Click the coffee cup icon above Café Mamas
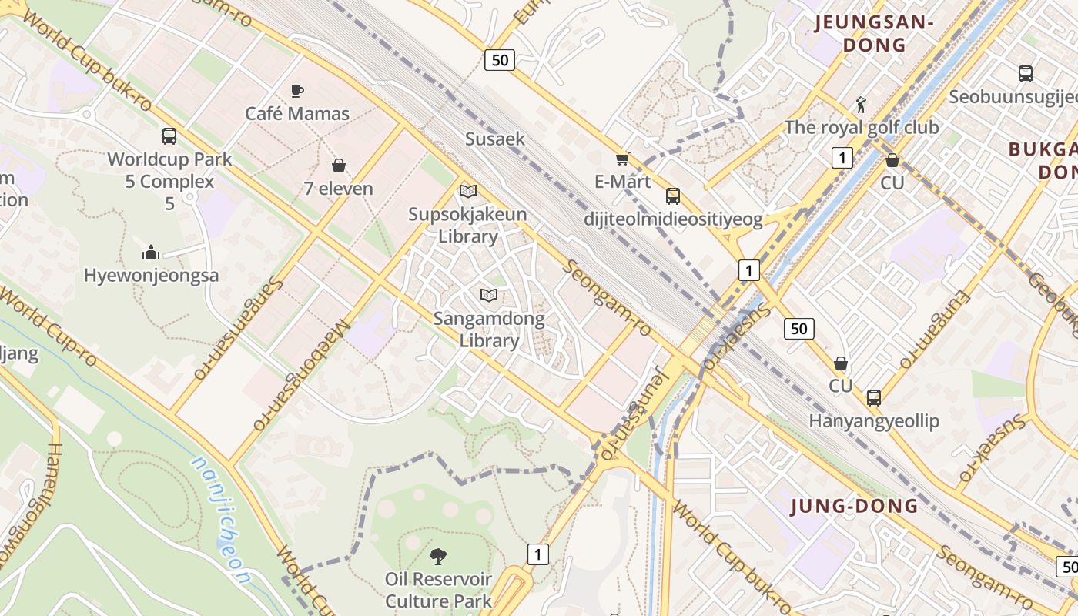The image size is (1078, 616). tap(297, 91)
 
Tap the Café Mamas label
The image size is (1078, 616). tap(297, 114)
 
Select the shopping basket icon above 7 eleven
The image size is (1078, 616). tap(338, 166)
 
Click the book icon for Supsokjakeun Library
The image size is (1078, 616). tap(468, 191)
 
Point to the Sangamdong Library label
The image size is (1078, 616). tap(488, 330)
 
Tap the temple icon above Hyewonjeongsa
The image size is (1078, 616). tap(151, 253)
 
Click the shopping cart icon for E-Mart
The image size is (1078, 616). tap(622, 159)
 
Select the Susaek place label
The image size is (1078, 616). tap(494, 139)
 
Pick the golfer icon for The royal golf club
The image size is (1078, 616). tap(861, 104)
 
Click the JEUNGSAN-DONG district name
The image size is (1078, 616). tap(874, 34)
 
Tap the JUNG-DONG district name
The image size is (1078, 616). tap(855, 506)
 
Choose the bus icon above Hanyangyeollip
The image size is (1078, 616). tap(873, 398)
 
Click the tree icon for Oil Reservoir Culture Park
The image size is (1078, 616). tap(438, 555)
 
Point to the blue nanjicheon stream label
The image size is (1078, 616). tap(222, 522)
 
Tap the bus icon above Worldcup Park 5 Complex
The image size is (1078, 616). tap(169, 136)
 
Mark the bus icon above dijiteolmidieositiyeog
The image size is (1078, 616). tap(673, 196)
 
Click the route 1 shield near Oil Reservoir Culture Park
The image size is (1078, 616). tap(538, 554)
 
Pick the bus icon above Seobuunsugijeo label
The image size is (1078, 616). tap(1025, 74)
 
